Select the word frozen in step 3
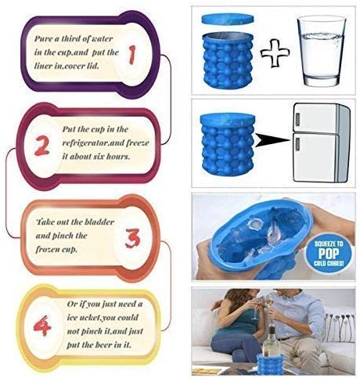click(x=54, y=248)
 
